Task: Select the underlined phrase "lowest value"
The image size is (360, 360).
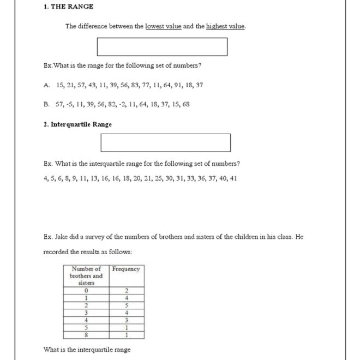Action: click(x=163, y=26)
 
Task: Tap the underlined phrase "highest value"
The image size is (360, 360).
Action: click(x=225, y=26)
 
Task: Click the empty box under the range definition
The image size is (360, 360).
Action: click(x=162, y=47)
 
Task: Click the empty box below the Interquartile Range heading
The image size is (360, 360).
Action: click(x=165, y=143)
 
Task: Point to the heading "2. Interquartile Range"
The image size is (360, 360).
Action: click(x=77, y=124)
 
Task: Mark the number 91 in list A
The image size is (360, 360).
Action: click(x=174, y=85)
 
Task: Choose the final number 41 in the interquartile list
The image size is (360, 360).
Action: click(x=233, y=178)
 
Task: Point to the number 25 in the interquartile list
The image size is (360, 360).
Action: click(x=159, y=178)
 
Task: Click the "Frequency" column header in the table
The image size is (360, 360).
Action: click(x=126, y=269)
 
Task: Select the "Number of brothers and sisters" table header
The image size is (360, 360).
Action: click(x=86, y=276)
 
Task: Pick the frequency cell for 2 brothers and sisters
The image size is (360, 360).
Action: click(x=127, y=306)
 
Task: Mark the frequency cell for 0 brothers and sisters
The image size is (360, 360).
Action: click(x=127, y=291)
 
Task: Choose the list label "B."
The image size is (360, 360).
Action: click(x=46, y=104)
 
